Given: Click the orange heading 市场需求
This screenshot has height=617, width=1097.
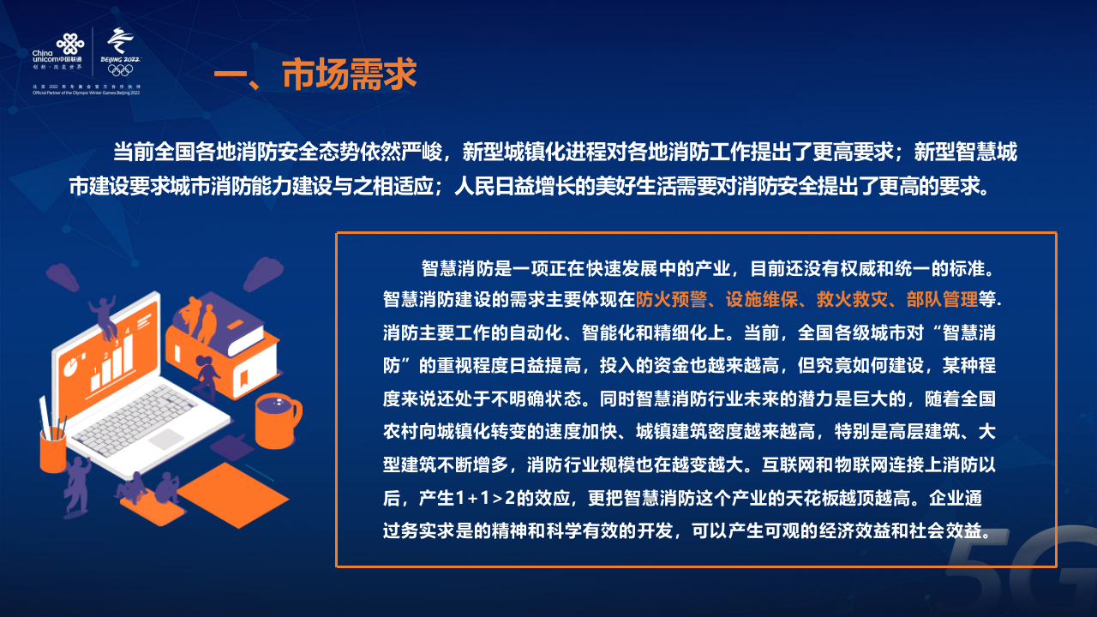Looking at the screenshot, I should pyautogui.click(x=349, y=75).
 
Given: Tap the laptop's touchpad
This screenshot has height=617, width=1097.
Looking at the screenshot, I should pyautogui.click(x=167, y=439).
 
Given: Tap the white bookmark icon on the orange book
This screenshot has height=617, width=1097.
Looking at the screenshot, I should pyautogui.click(x=243, y=377).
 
